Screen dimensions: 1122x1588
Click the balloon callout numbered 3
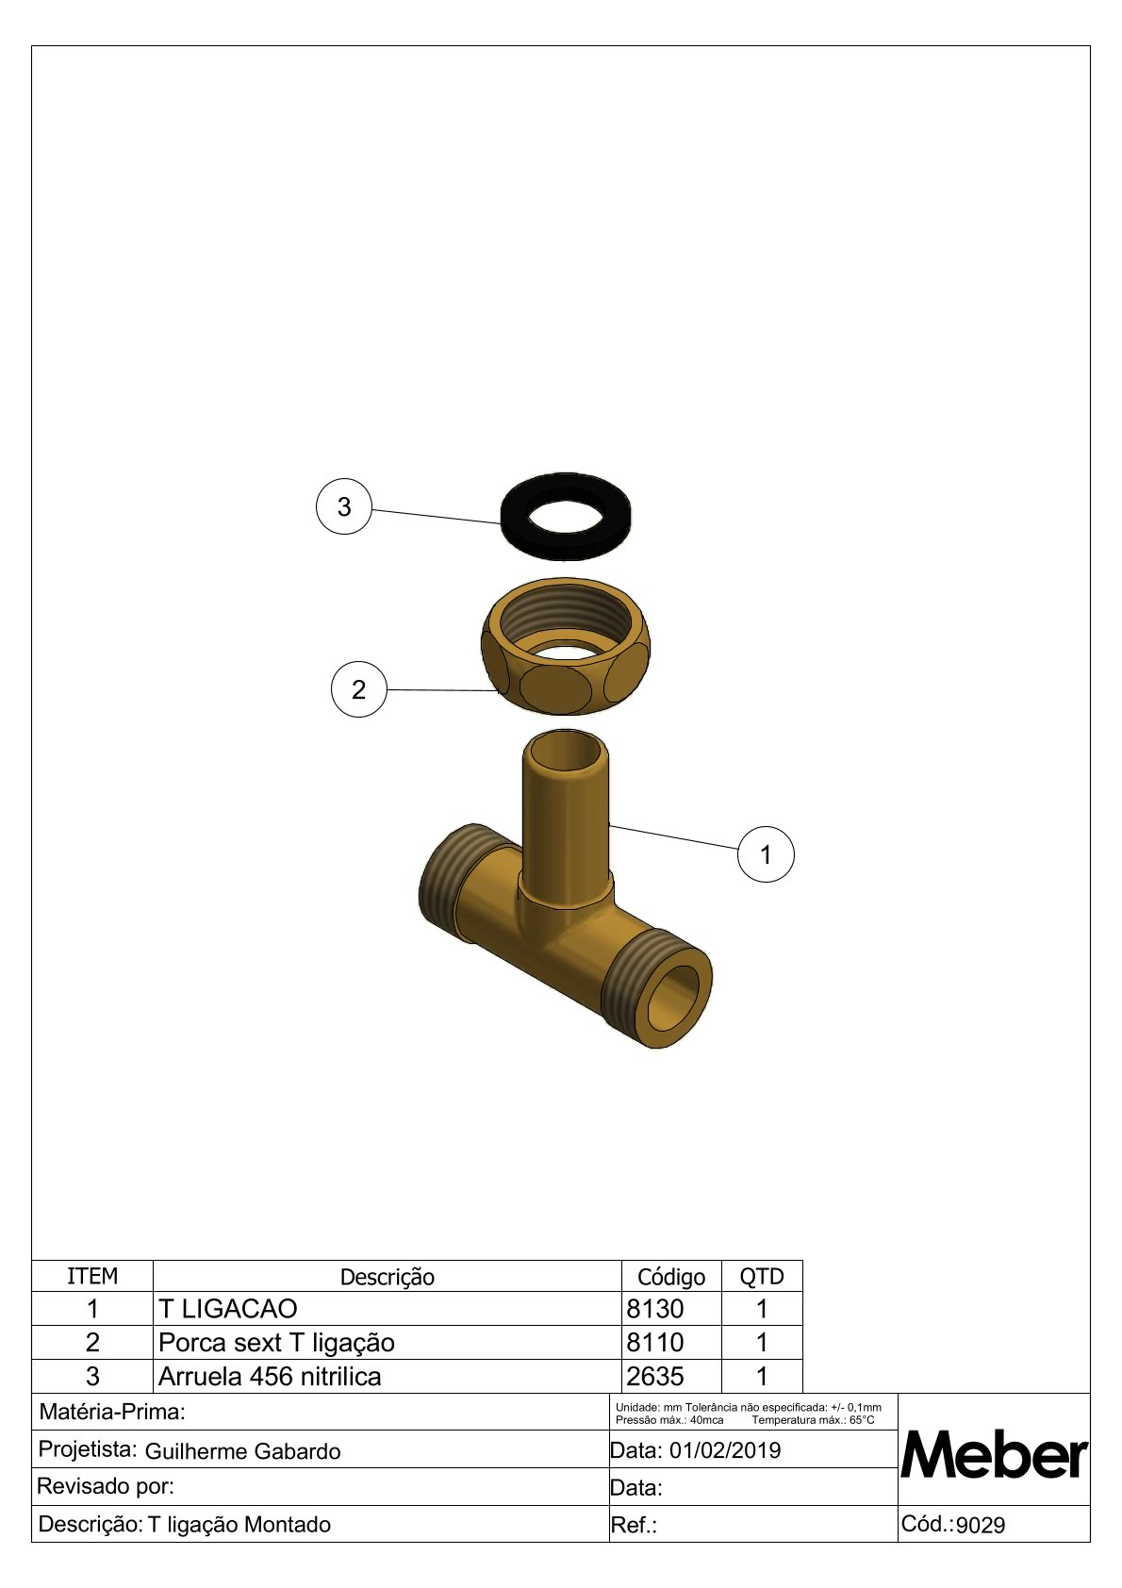coord(344,506)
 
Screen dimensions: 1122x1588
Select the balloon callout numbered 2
coord(358,689)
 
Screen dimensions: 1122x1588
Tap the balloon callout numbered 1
coord(766,854)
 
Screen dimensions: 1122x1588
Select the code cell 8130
coord(655,1309)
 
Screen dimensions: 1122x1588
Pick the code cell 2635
coord(655,1377)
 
